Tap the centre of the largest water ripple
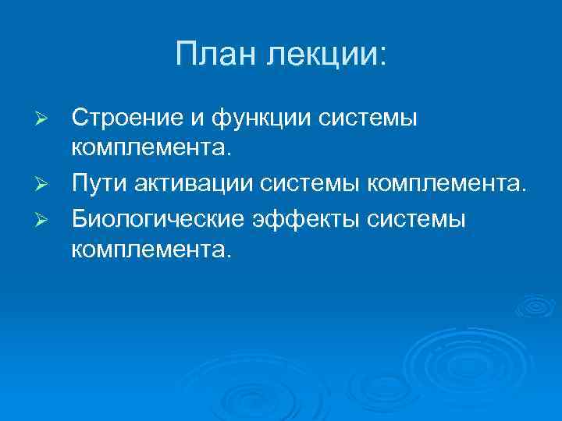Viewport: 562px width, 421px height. [453, 366]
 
